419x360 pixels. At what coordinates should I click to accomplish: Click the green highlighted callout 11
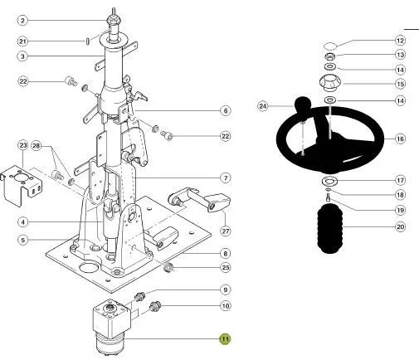click(225, 339)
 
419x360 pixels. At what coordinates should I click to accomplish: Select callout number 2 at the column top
click(22, 21)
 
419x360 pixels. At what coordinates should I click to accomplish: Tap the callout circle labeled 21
click(22, 41)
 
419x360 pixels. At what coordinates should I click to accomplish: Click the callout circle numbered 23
click(23, 145)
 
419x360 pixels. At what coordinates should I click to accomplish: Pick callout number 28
click(37, 145)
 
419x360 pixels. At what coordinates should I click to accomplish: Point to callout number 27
click(226, 231)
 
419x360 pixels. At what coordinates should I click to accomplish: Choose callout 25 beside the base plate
click(226, 267)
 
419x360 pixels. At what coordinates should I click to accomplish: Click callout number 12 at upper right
click(400, 41)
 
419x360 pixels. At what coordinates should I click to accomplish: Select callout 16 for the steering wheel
click(400, 139)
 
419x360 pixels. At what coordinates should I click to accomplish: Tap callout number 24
click(263, 106)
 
